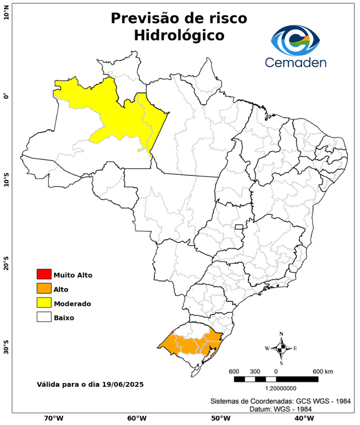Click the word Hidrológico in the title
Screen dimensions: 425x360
[179, 35]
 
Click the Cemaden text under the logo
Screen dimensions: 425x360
[296, 62]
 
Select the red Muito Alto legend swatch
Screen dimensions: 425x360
[44, 274]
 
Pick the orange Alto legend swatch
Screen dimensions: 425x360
[44, 288]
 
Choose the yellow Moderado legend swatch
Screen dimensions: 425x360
[44, 303]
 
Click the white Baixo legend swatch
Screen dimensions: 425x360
[44, 317]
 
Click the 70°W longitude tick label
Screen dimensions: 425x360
[53, 418]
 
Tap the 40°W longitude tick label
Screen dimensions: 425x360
[302, 418]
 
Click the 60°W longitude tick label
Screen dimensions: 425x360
[136, 418]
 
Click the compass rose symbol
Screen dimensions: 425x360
[281, 348]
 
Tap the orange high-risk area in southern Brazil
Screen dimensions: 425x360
[191, 345]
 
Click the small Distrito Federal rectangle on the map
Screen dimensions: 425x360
[239, 227]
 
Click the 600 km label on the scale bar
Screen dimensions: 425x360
[323, 371]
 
